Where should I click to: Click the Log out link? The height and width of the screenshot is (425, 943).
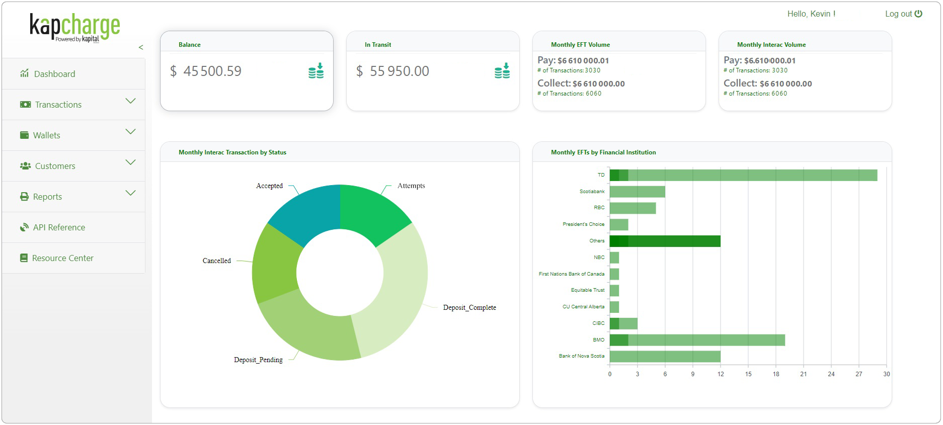[903, 14]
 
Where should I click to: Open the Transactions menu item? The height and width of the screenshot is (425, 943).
[58, 105]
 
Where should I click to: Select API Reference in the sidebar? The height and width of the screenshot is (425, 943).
[58, 227]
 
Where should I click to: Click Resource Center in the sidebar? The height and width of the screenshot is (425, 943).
[62, 258]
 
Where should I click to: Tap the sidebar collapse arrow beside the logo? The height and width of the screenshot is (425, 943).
[141, 47]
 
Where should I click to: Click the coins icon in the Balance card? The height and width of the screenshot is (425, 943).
[316, 71]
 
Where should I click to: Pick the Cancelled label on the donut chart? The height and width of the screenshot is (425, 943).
[216, 261]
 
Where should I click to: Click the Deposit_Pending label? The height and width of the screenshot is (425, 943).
[258, 360]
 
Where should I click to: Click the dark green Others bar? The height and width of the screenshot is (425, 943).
[664, 241]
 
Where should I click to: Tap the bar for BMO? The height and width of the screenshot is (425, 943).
[696, 340]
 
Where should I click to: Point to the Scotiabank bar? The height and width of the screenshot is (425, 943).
[637, 192]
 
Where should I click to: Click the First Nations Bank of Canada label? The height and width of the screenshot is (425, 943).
[571, 274]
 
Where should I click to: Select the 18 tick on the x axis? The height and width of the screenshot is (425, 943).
[775, 374]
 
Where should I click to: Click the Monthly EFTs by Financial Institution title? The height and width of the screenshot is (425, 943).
[603, 152]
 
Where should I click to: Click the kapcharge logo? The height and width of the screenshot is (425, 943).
[74, 28]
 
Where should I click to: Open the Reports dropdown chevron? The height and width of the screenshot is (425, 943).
[130, 193]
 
